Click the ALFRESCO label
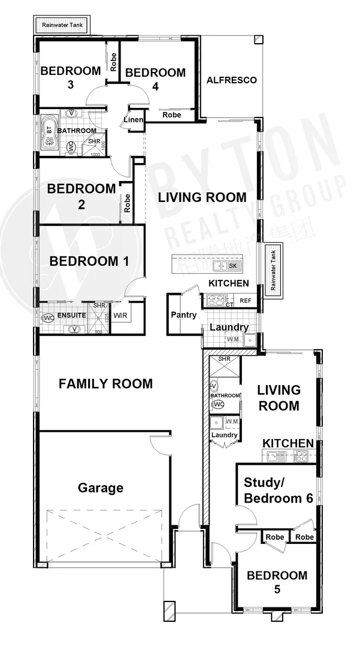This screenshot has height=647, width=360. pos(231,80)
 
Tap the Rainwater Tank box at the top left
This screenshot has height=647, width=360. pos(62,26)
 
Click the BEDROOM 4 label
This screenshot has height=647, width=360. pos(156,79)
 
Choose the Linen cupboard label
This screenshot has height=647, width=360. pos(134,120)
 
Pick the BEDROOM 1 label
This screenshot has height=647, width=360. pos(89,261)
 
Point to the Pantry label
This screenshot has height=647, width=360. pos(183,315)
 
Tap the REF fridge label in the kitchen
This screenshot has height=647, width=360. pos(246,301)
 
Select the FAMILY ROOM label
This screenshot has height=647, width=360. pos(105,383)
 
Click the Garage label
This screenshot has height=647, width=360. pos(101,488)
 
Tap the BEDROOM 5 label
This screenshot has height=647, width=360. pos(277,582)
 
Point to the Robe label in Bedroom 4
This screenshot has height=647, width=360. pos(172,115)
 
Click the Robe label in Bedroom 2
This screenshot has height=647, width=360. pos(128,203)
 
